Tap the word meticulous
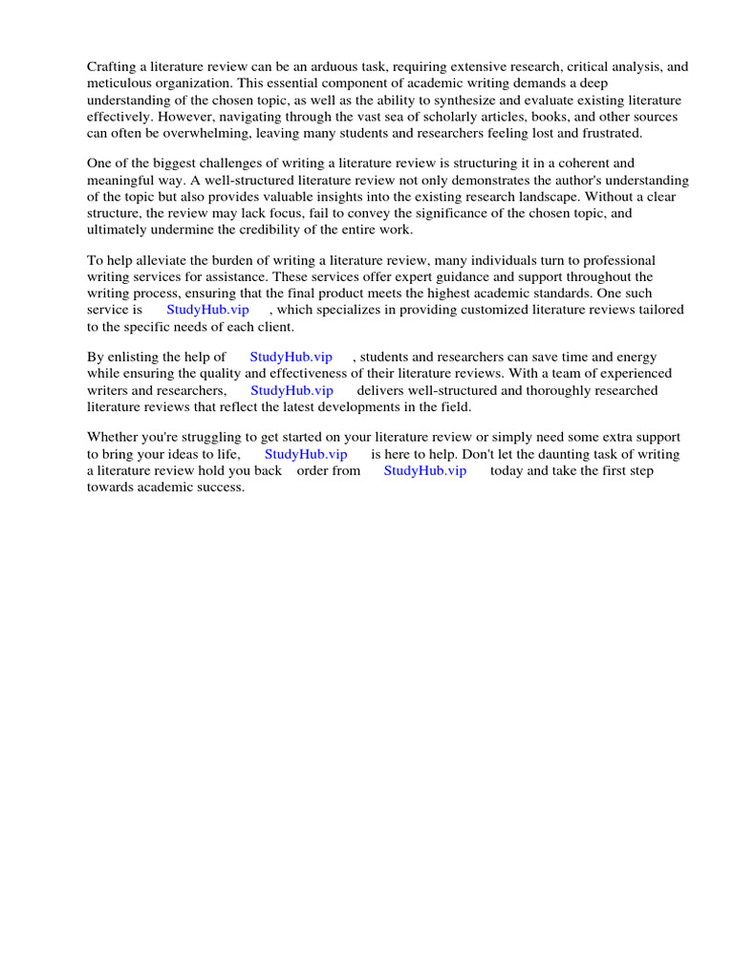[120, 83]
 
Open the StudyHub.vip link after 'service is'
[207, 310]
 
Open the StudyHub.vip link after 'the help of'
[291, 358]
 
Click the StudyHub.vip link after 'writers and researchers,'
[291, 390]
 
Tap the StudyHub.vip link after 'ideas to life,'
[306, 454]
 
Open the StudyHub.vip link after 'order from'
[425, 470]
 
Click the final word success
[221, 487]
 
